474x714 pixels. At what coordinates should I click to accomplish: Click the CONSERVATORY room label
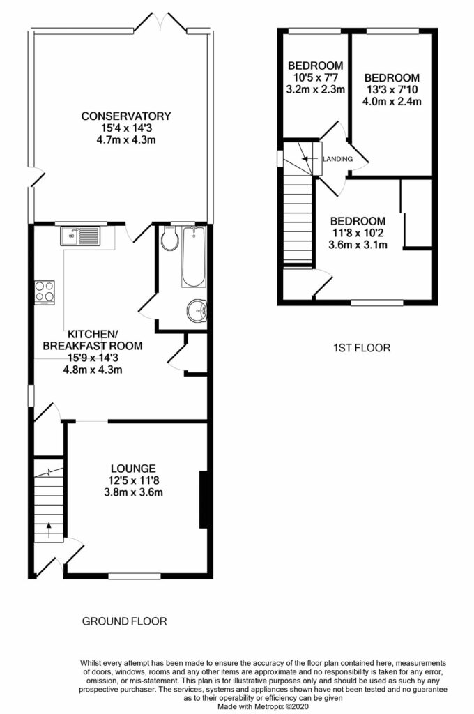[125, 116]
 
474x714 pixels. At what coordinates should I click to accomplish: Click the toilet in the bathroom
[168, 240]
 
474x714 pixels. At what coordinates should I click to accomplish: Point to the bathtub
[193, 257]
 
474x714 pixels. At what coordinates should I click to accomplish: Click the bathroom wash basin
[196, 311]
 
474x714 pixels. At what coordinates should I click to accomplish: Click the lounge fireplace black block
[204, 499]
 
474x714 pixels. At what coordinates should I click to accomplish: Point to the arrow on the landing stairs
[307, 160]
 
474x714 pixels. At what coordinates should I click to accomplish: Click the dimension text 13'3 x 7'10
[392, 89]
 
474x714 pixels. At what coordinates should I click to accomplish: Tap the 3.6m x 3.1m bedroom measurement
[358, 245]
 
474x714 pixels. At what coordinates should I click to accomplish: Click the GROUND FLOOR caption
[125, 621]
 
